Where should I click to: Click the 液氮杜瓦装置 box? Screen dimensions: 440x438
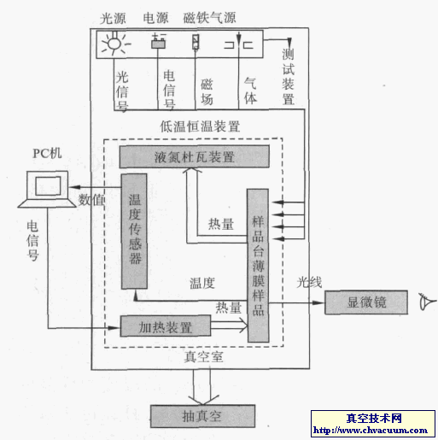(x=194, y=157)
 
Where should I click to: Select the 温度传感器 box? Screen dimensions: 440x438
(x=135, y=232)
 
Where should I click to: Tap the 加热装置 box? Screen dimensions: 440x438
(x=166, y=326)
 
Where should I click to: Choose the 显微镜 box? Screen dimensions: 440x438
(x=366, y=302)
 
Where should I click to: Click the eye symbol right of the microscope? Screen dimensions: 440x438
(x=424, y=302)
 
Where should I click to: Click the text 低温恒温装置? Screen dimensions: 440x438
(x=200, y=126)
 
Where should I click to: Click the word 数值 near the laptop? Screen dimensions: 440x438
(x=92, y=200)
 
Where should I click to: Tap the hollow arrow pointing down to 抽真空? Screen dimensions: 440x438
(x=202, y=390)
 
